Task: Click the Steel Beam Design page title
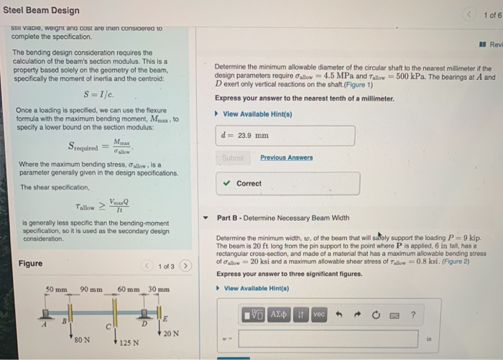(41, 10)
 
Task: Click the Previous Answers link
(286, 157)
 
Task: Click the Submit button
(234, 157)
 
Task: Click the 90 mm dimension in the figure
(91, 290)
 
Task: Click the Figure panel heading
(30, 264)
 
